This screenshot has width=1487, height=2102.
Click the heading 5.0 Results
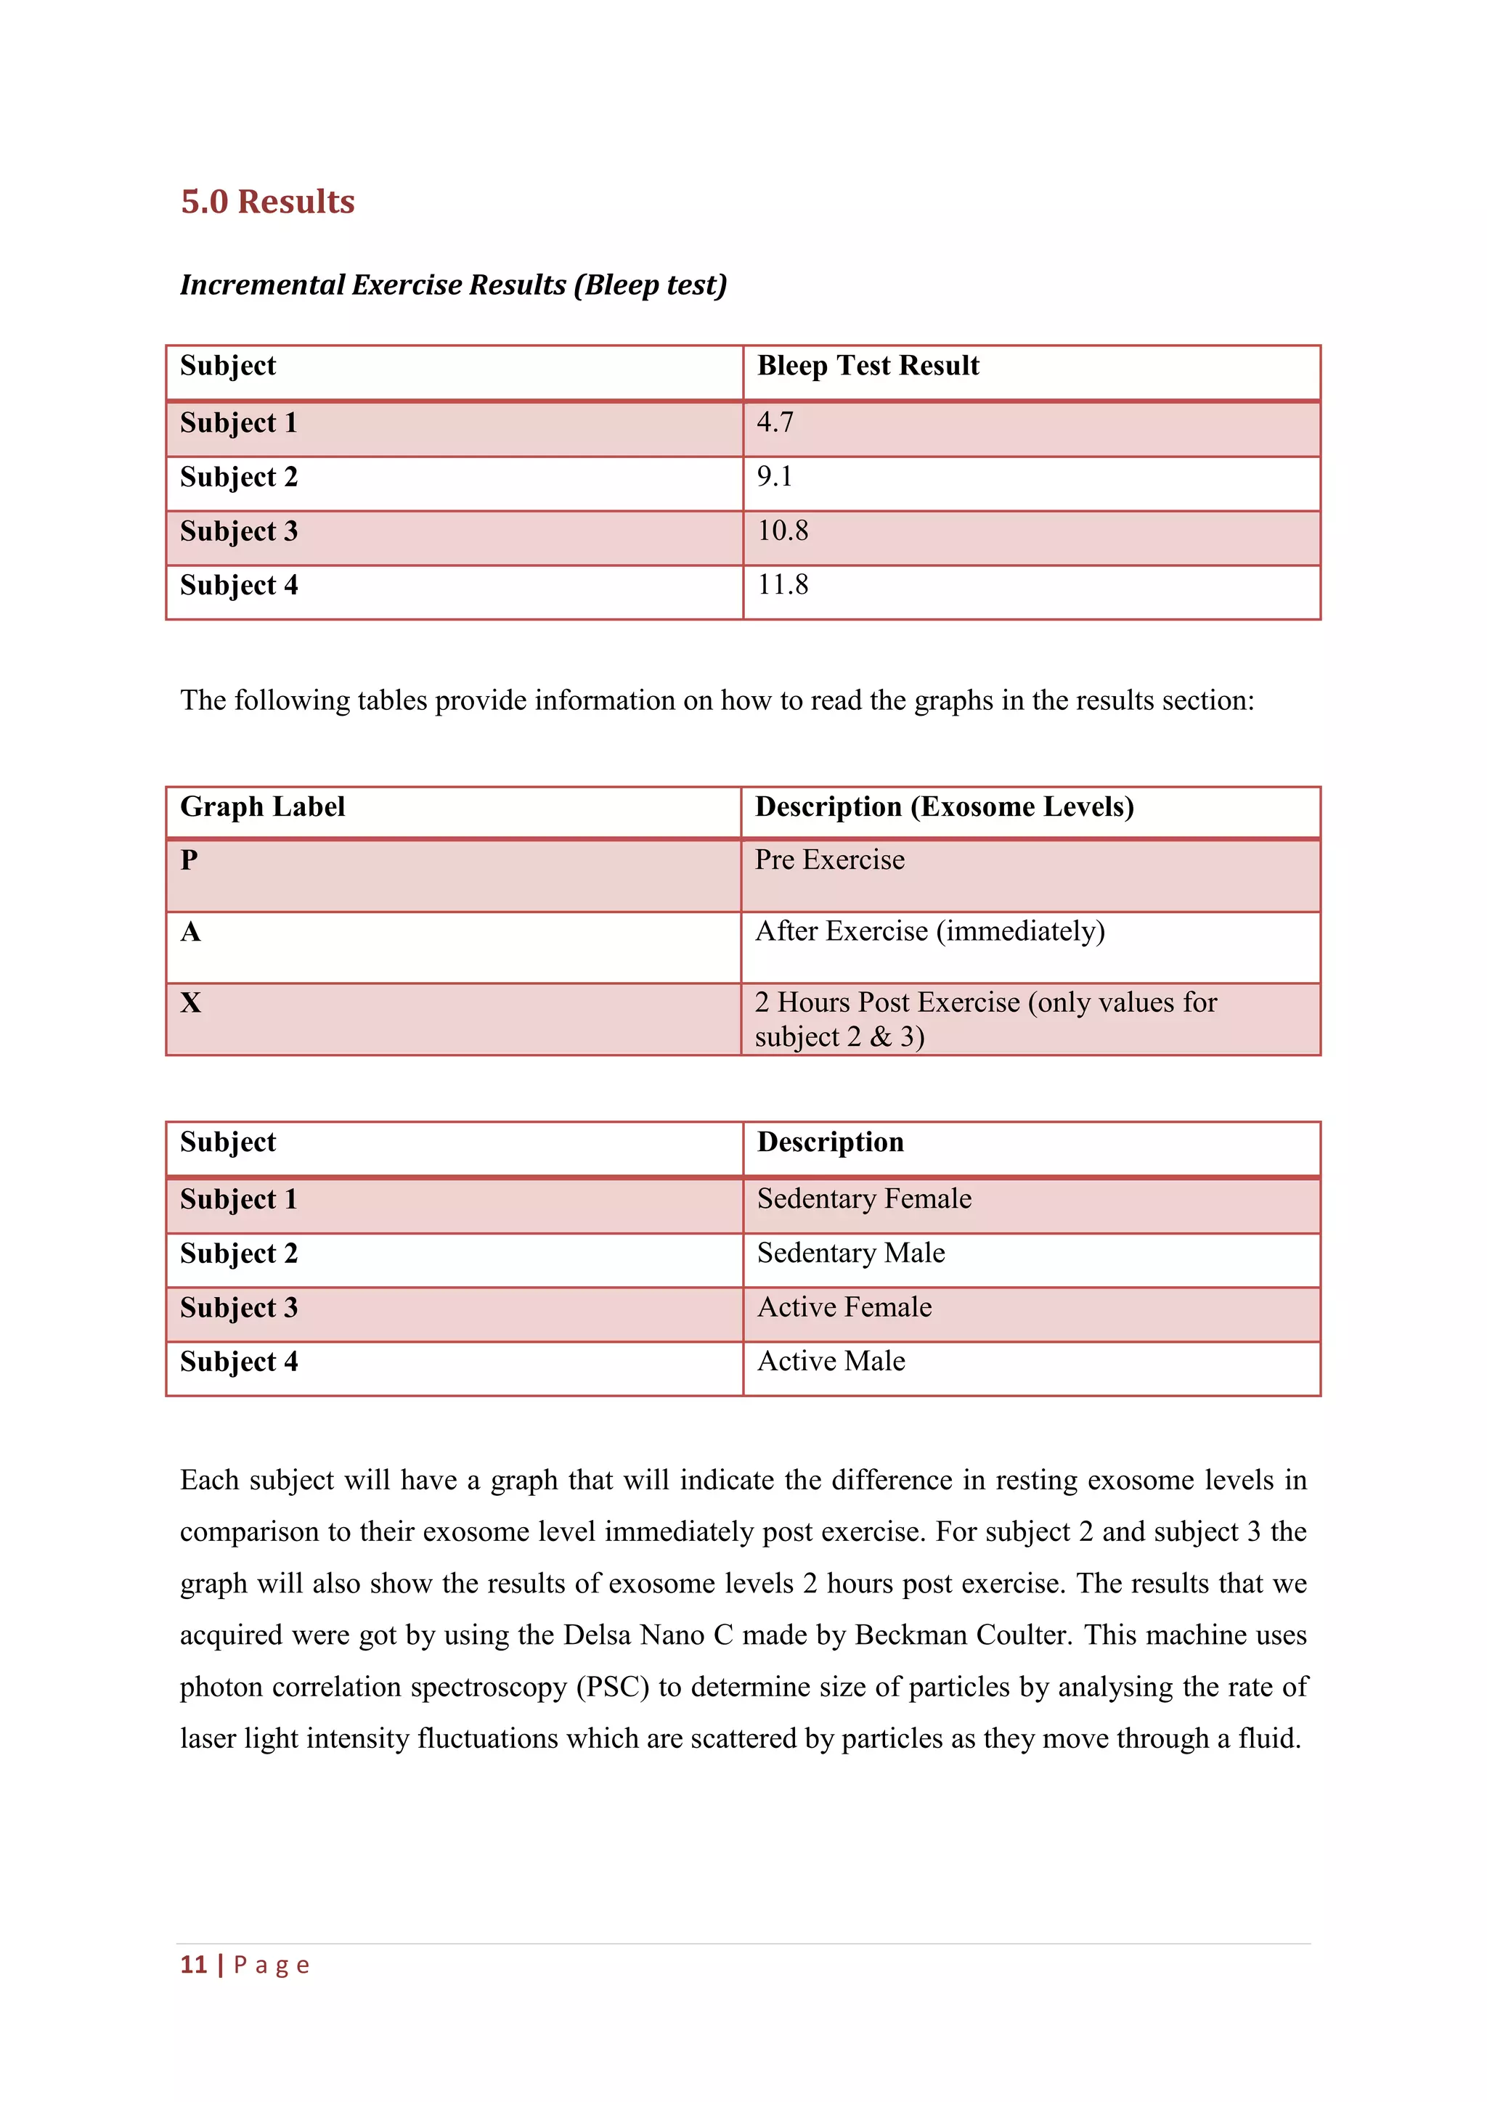point(267,201)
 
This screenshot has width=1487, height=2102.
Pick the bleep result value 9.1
point(775,476)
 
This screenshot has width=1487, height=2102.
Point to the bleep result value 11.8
point(782,584)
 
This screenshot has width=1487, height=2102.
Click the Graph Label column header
point(262,806)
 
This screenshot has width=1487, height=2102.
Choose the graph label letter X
point(190,1002)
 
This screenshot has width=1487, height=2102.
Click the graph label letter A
point(190,932)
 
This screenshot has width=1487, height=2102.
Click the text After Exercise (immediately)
point(929,931)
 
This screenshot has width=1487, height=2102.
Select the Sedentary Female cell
point(863,1198)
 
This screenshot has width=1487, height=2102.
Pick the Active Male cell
point(831,1362)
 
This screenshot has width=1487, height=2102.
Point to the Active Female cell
point(844,1307)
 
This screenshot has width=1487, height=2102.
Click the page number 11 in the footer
point(193,1965)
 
